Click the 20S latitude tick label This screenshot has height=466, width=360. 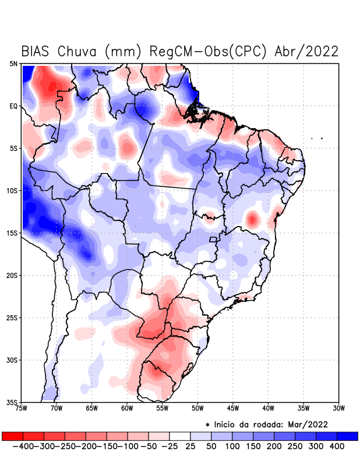click(12, 275)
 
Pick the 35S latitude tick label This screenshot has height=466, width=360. click(12, 402)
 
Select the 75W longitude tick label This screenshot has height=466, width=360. click(22, 408)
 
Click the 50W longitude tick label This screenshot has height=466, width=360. click(197, 408)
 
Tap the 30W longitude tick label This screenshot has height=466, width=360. click(339, 408)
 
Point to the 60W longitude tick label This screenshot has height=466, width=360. click(127, 408)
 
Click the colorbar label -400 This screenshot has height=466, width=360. click(22, 446)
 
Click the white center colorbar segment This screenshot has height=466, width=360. click(180, 436)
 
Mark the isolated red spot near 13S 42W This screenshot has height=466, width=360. click(252, 220)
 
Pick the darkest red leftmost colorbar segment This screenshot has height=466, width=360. click(12, 436)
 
